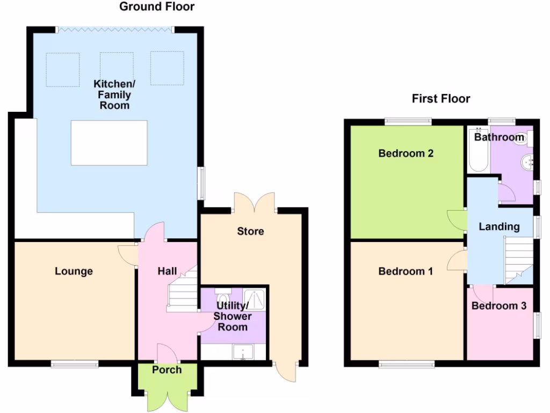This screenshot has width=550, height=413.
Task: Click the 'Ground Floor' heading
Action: point(157,7)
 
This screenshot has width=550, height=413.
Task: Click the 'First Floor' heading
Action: point(440,98)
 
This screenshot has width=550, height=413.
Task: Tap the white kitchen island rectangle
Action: point(109,143)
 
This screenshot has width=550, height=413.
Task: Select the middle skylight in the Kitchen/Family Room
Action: point(117,68)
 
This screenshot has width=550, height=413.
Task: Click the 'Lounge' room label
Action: point(74,272)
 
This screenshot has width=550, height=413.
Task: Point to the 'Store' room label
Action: point(250,231)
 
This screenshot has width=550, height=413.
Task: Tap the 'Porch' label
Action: point(167,370)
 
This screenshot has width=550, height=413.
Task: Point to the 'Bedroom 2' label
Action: point(406,153)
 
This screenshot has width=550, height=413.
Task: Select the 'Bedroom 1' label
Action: point(406,272)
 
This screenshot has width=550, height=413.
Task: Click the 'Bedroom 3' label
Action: point(499,306)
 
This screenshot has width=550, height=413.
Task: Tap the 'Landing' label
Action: point(499,226)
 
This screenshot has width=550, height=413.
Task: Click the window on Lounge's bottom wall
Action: point(75,365)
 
